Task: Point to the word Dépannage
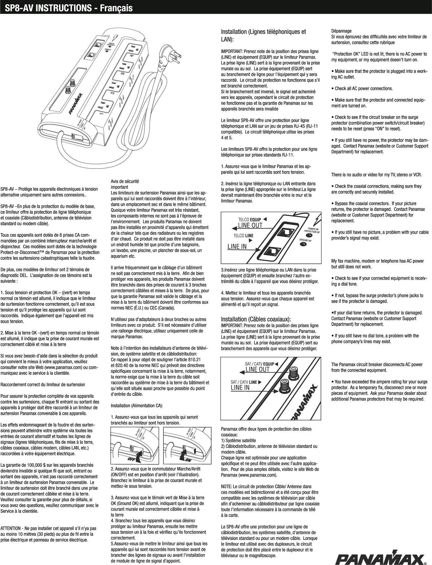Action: pos(341,31)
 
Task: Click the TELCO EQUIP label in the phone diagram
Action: pos(250,220)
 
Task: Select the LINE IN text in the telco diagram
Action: pos(237,246)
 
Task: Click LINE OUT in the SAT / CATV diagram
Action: pos(257,369)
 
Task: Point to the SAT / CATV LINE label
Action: pos(244,382)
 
